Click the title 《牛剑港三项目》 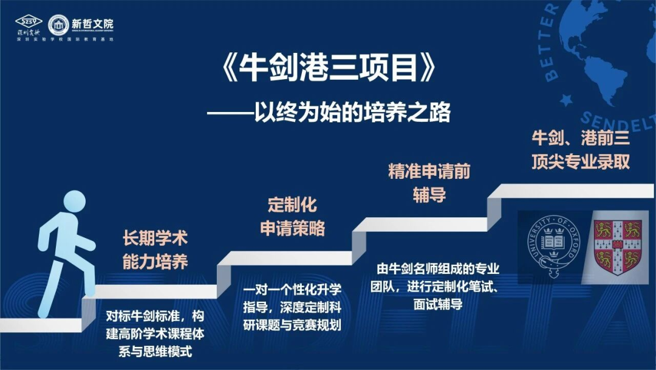[327, 71]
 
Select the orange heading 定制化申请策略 [293, 216]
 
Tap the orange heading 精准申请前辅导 [429, 183]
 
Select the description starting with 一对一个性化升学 [292, 306]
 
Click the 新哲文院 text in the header [92, 24]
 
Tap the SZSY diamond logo [29, 22]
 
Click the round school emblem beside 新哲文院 [58, 25]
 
